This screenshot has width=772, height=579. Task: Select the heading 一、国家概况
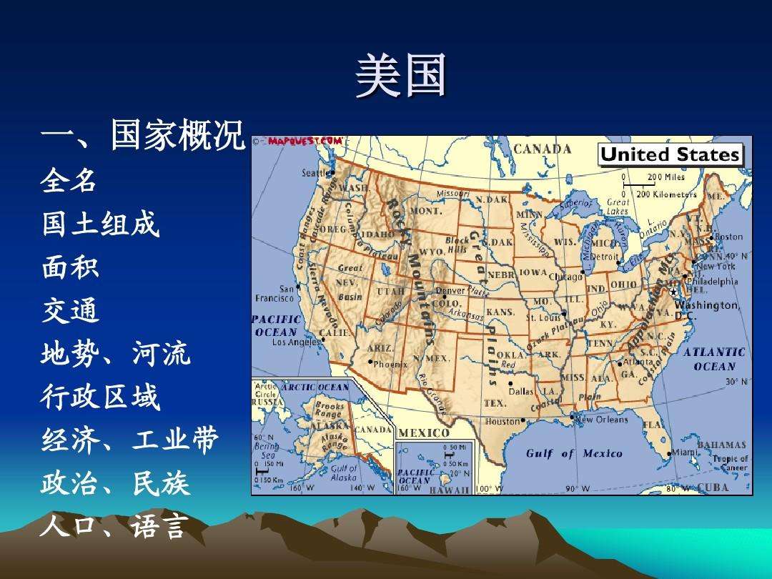(143, 134)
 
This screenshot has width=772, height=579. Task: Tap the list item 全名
(69, 180)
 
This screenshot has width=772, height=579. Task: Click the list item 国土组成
(100, 224)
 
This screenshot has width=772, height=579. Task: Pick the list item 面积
(69, 267)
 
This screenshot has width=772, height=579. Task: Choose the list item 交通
(69, 311)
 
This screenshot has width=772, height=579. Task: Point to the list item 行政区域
(100, 397)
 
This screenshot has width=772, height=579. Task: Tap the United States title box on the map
(670, 154)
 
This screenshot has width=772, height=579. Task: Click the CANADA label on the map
(543, 149)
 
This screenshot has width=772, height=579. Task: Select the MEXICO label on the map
(424, 432)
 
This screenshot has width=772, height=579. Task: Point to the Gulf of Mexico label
(574, 453)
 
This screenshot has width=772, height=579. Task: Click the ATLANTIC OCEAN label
(714, 359)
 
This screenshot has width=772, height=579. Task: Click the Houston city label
(503, 422)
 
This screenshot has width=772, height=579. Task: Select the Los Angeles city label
(296, 342)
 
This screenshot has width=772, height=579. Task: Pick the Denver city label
(450, 291)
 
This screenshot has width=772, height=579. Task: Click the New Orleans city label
(601, 420)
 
